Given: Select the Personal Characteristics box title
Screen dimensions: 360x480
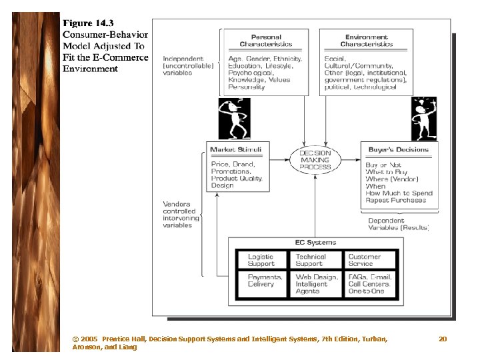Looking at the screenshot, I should [x=266, y=41].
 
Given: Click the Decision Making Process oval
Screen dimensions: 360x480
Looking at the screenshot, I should [x=315, y=160].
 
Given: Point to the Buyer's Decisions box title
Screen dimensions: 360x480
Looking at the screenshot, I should [x=398, y=150].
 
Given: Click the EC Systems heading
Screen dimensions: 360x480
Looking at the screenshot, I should [x=315, y=243].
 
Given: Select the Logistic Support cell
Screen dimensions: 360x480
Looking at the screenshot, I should [x=261, y=260].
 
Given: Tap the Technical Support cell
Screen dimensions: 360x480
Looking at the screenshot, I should [x=311, y=260].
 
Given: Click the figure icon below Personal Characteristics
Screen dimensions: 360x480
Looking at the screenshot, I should [x=234, y=118].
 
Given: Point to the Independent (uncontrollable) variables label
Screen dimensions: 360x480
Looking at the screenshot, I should [x=188, y=65].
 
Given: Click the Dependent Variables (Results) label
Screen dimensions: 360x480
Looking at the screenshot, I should [x=398, y=224].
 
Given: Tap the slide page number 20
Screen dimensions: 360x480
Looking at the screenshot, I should [x=443, y=339].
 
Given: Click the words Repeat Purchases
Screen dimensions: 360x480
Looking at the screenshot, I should [x=395, y=200].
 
